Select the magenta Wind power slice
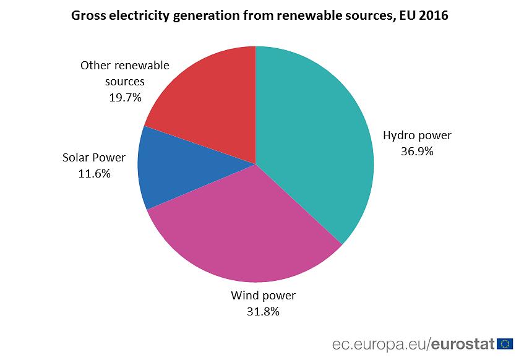tap(247, 229)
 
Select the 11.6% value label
tap(94, 174)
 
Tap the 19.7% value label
tap(125, 97)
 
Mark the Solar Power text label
tap(94, 158)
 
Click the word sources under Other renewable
tap(125, 81)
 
